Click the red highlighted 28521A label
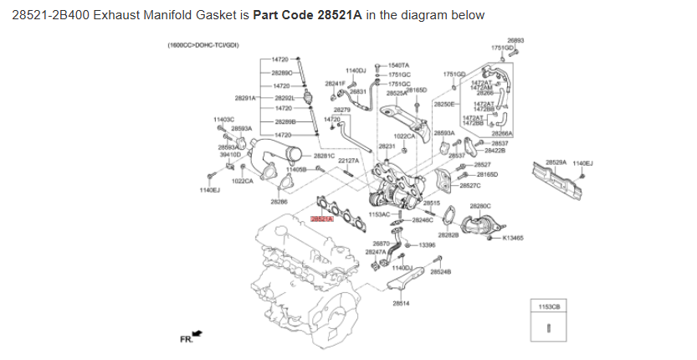[322, 219]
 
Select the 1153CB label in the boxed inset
[548, 307]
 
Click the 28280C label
[480, 205]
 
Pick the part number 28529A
[556, 162]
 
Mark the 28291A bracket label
[245, 97]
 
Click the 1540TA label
[398, 64]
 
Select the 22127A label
[348, 161]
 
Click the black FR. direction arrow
[197, 333]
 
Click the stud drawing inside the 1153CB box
[548, 327]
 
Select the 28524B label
[440, 272]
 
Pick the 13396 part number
[427, 244]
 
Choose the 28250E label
[443, 104]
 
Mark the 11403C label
[225, 120]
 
